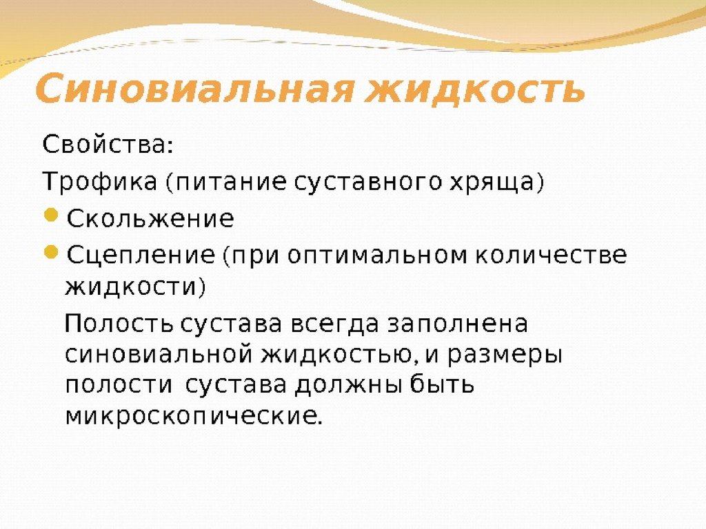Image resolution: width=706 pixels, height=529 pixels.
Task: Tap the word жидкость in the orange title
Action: (478, 90)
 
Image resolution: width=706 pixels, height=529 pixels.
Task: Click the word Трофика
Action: (101, 183)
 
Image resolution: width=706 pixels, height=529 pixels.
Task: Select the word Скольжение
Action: (150, 219)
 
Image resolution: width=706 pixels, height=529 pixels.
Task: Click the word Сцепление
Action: (141, 256)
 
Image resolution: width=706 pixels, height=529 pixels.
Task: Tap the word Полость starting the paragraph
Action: (118, 324)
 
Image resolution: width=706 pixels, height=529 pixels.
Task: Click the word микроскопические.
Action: (193, 416)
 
